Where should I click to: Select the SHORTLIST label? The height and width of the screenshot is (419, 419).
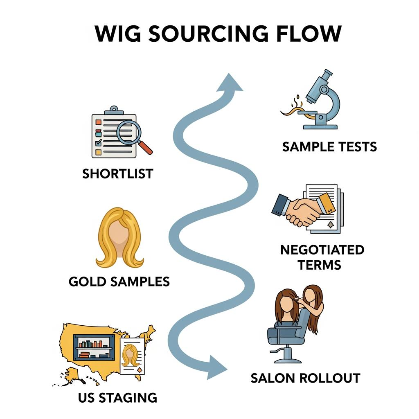click(117, 173)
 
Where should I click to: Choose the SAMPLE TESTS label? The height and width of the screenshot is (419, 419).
click(329, 146)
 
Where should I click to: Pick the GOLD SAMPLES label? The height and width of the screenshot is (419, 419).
click(119, 282)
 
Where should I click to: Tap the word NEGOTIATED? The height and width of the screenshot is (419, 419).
click(322, 250)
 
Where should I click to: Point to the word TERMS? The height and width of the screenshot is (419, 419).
click(319, 264)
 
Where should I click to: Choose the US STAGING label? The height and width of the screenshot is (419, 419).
click(117, 397)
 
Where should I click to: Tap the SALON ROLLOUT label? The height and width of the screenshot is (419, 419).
click(305, 378)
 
